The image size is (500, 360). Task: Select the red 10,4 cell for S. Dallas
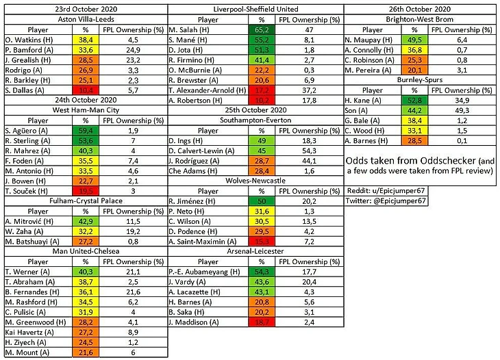click(84, 90)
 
